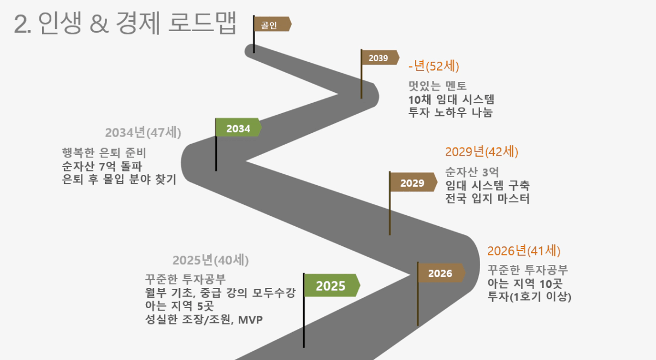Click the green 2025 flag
[332, 285]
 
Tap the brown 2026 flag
[441, 273]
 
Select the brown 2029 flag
[413, 182]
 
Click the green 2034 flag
[238, 127]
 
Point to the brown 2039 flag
[380, 58]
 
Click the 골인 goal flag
[273, 24]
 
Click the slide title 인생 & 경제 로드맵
[137, 23]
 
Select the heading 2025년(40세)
[210, 260]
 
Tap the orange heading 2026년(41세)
[524, 251]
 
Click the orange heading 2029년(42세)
[482, 152]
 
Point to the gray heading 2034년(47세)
[143, 132]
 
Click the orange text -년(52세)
[434, 66]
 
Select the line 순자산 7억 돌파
[102, 167]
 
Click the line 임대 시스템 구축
[488, 185]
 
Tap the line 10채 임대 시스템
[451, 99]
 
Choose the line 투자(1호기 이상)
[529, 297]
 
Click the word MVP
[250, 320]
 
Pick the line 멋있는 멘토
[438, 86]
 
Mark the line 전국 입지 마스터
[487, 199]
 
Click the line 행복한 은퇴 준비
[104, 152]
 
